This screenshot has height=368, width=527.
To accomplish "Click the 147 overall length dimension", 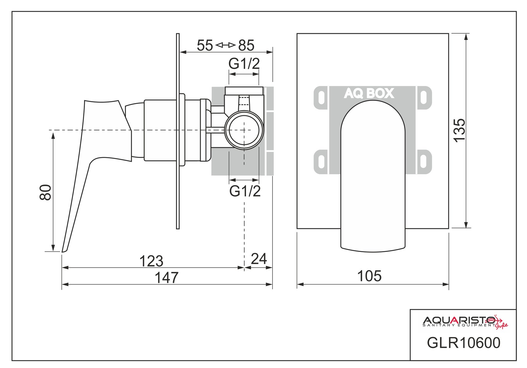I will pyautogui.click(x=166, y=278).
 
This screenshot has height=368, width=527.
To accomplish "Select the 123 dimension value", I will pyautogui.click(x=151, y=261).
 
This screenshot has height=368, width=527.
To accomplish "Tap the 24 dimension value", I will pyautogui.click(x=259, y=259).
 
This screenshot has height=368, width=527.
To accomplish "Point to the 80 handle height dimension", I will pyautogui.click(x=45, y=192).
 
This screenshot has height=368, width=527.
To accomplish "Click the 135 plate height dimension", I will pyautogui.click(x=459, y=130).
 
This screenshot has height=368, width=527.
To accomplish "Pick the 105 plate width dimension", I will pyautogui.click(x=369, y=276).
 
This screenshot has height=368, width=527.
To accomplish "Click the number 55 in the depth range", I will pyautogui.click(x=205, y=45).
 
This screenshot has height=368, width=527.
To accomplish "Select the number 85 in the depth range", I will pyautogui.click(x=246, y=45).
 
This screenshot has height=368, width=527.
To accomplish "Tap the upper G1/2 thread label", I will pyautogui.click(x=244, y=64).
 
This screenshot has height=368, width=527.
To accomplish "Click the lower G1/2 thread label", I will pyautogui.click(x=245, y=191).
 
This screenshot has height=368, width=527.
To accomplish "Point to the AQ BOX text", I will pyautogui.click(x=369, y=93).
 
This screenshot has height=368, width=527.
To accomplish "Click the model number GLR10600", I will pyautogui.click(x=463, y=343).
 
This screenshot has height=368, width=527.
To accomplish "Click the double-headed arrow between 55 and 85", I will pyautogui.click(x=226, y=45).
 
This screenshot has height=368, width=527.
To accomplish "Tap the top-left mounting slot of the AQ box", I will pyautogui.click(x=321, y=98).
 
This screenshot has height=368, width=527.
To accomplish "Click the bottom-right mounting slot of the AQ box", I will pyautogui.click(x=424, y=162).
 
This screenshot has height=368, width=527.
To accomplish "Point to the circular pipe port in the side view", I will pyautogui.click(x=244, y=130).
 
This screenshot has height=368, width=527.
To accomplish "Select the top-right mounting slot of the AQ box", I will pyautogui.click(x=424, y=98).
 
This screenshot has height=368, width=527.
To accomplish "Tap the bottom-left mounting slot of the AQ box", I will pyautogui.click(x=321, y=162).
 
